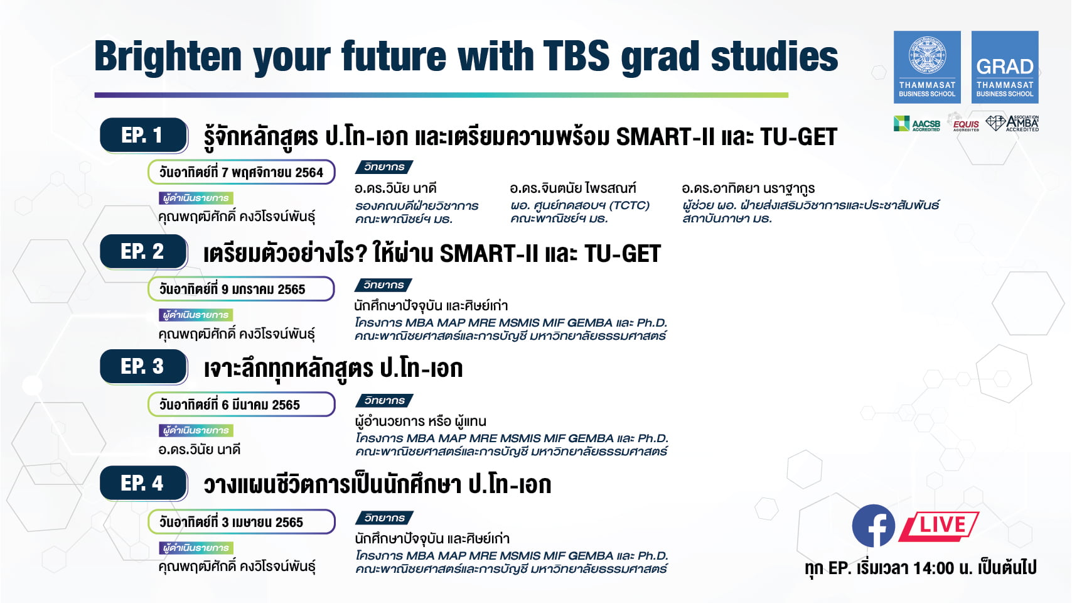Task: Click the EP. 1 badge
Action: (144, 136)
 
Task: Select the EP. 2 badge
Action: (144, 251)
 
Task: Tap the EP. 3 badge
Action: (144, 367)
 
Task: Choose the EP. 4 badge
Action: (144, 483)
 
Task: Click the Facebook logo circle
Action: (874, 526)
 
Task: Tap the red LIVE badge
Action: (940, 526)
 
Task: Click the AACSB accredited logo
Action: (917, 124)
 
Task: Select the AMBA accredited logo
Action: (1012, 123)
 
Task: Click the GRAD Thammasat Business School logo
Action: (1004, 67)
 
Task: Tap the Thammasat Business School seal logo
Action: (927, 67)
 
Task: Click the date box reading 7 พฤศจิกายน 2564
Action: (241, 173)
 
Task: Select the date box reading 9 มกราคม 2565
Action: (241, 289)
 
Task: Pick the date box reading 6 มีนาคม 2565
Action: (241, 405)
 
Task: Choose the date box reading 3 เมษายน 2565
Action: (241, 521)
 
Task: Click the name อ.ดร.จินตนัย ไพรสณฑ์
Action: (573, 188)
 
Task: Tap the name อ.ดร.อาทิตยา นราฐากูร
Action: (748, 188)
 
